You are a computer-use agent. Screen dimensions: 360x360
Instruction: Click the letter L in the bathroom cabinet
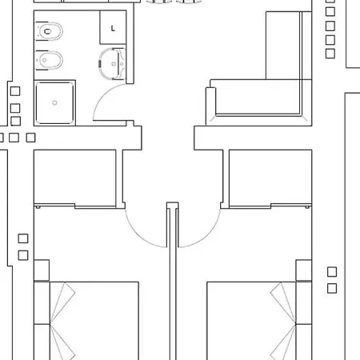pos(113,28)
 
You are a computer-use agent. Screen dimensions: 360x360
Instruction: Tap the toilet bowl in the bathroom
pos(49,31)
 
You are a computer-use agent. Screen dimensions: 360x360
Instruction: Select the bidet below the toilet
pos(49,60)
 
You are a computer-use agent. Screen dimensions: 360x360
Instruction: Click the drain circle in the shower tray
pos(54,102)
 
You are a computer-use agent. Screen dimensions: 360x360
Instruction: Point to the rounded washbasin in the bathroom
pos(112,64)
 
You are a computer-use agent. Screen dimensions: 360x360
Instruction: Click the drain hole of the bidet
pos(45,60)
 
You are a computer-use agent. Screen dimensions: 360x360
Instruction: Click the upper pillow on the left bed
pos(62,302)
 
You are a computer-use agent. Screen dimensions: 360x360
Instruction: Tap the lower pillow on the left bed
pos(62,342)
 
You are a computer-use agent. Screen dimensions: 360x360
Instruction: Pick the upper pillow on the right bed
pos(283,302)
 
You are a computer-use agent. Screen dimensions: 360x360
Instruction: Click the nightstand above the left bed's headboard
pos(42,270)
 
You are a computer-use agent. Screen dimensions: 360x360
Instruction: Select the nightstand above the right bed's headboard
pos(304,270)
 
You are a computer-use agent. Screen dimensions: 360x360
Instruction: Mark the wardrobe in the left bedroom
pos(75,178)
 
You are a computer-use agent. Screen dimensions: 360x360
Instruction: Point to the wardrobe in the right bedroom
pos(270,178)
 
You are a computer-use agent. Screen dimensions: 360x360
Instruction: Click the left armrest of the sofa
pos(210,106)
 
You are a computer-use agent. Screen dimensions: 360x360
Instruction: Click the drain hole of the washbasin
pos(114,64)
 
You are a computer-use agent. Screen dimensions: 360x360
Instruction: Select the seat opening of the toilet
pos(47,31)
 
